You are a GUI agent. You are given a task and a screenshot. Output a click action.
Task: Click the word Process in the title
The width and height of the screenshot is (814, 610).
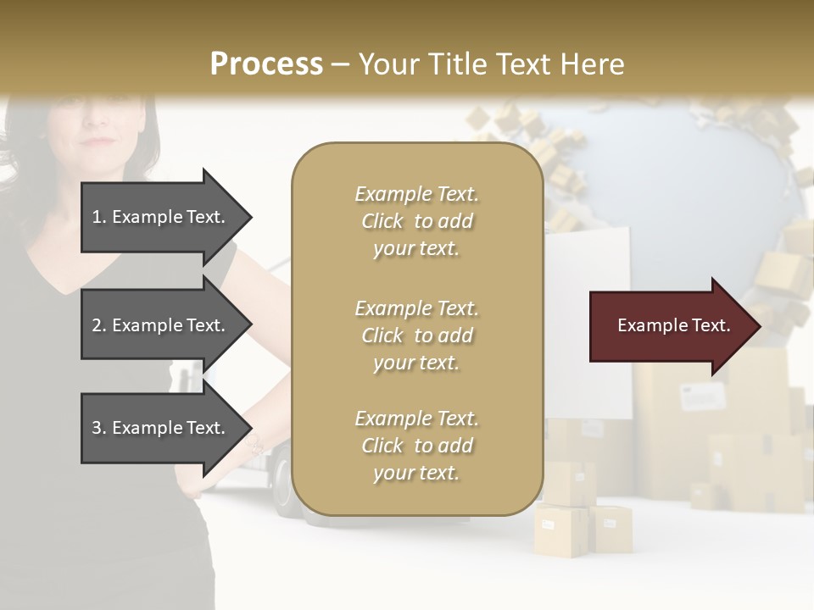266,64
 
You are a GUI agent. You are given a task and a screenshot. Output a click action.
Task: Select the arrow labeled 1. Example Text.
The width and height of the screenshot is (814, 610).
161,217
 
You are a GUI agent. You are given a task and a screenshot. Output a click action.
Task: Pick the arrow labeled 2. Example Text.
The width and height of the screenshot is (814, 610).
161,325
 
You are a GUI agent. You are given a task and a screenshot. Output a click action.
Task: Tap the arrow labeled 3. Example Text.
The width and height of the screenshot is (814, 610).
161,428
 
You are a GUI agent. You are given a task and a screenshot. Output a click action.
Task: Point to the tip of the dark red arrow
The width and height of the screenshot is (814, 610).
759,326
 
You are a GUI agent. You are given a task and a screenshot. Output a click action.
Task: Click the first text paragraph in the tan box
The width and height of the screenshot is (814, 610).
416,221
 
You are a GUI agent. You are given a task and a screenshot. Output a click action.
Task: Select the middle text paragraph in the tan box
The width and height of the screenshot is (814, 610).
416,335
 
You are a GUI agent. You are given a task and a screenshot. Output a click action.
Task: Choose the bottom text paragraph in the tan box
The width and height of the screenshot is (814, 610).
416,446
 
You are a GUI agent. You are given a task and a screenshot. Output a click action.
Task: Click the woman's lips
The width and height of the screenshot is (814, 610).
100,140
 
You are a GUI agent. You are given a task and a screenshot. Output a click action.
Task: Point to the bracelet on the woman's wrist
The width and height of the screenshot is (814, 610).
254,445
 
